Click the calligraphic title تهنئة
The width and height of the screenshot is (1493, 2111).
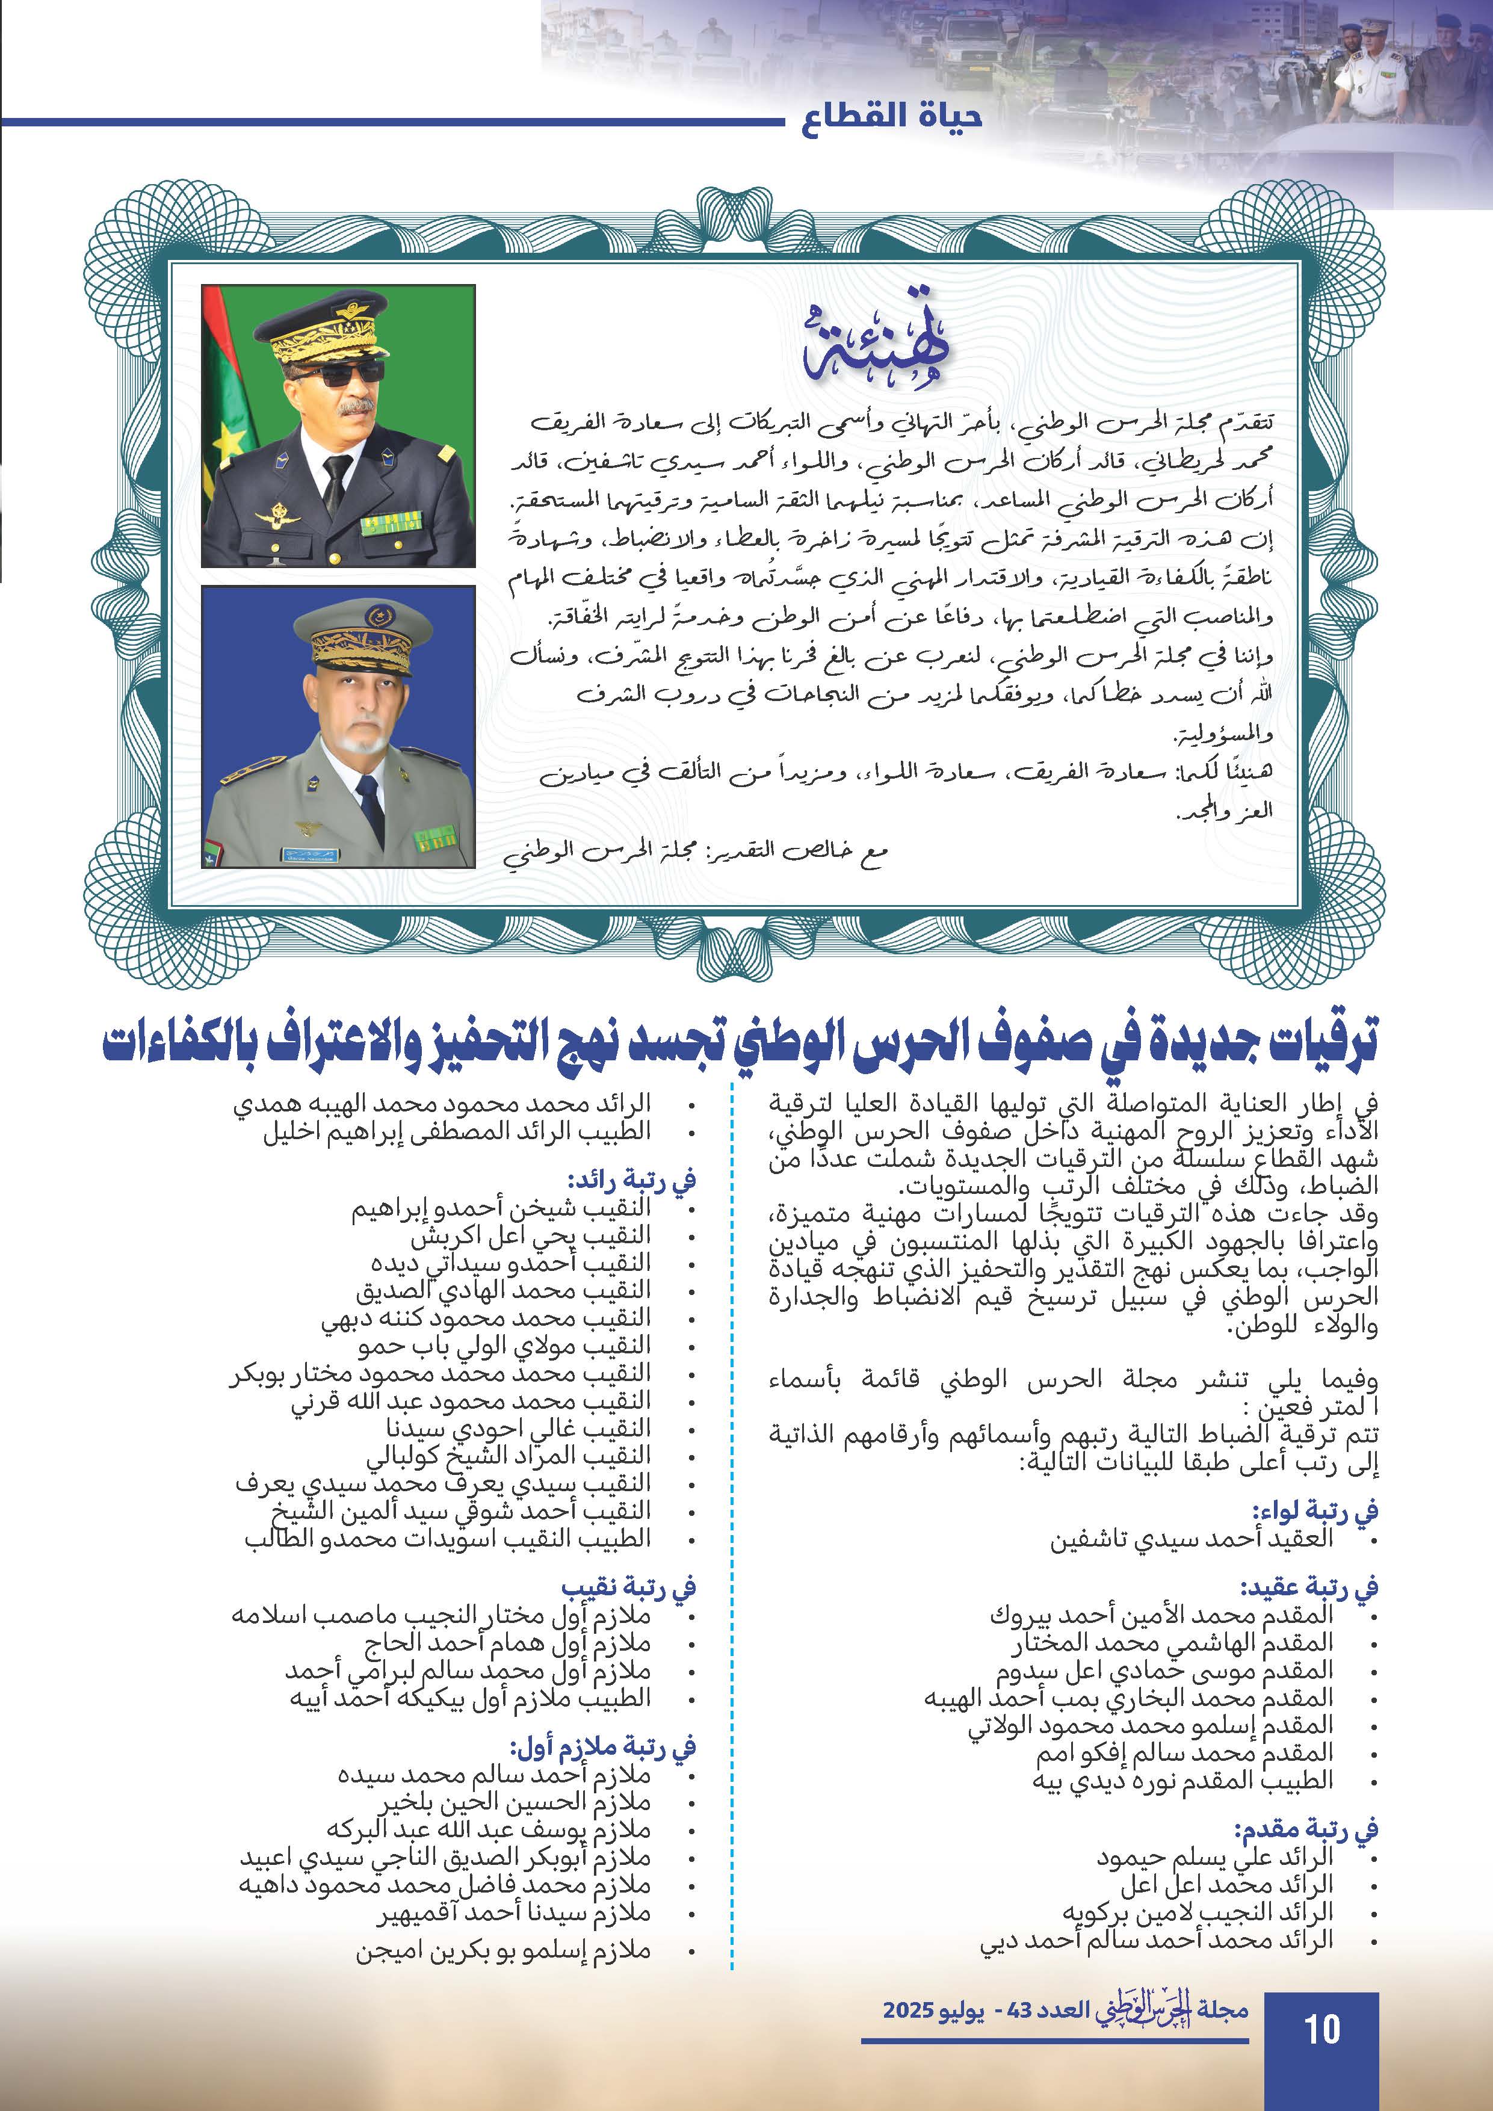click(x=873, y=350)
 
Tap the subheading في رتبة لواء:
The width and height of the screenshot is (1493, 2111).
click(x=1315, y=1510)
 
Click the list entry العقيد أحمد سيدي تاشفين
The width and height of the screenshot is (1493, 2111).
click(x=1192, y=1539)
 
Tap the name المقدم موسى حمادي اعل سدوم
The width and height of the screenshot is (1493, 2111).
click(x=1165, y=1670)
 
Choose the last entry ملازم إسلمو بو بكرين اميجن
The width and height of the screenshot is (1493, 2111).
click(x=503, y=1951)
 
